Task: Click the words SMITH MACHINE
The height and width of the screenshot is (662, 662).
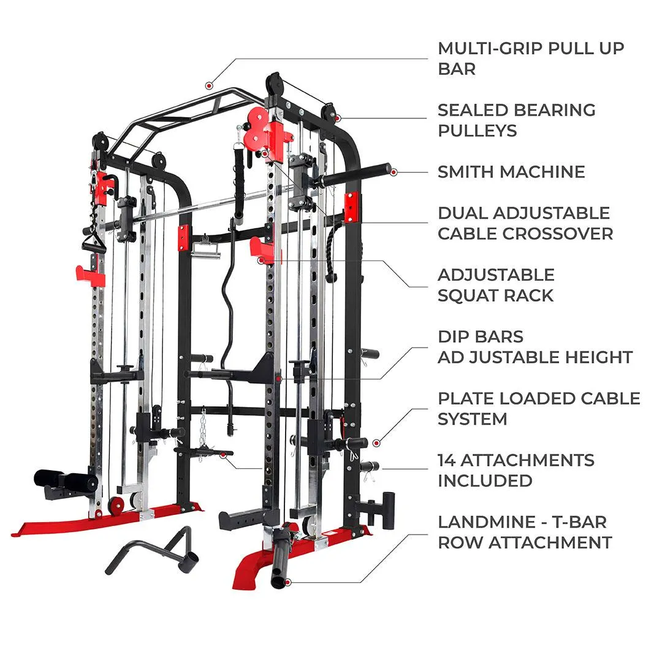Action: click(x=511, y=172)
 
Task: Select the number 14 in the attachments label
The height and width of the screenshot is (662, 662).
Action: click(x=446, y=460)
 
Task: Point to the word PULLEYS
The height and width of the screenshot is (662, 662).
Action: click(x=477, y=131)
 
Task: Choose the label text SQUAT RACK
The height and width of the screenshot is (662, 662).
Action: click(x=495, y=295)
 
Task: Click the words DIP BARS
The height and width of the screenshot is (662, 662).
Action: click(x=481, y=337)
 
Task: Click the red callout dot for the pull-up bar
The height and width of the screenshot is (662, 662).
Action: click(x=208, y=86)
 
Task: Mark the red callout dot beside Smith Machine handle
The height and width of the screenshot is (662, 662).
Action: click(x=394, y=172)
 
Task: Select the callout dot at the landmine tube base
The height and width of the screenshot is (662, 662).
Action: click(x=288, y=583)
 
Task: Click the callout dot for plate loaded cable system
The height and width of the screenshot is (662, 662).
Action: click(x=376, y=443)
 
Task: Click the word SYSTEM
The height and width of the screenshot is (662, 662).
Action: click(x=473, y=419)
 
